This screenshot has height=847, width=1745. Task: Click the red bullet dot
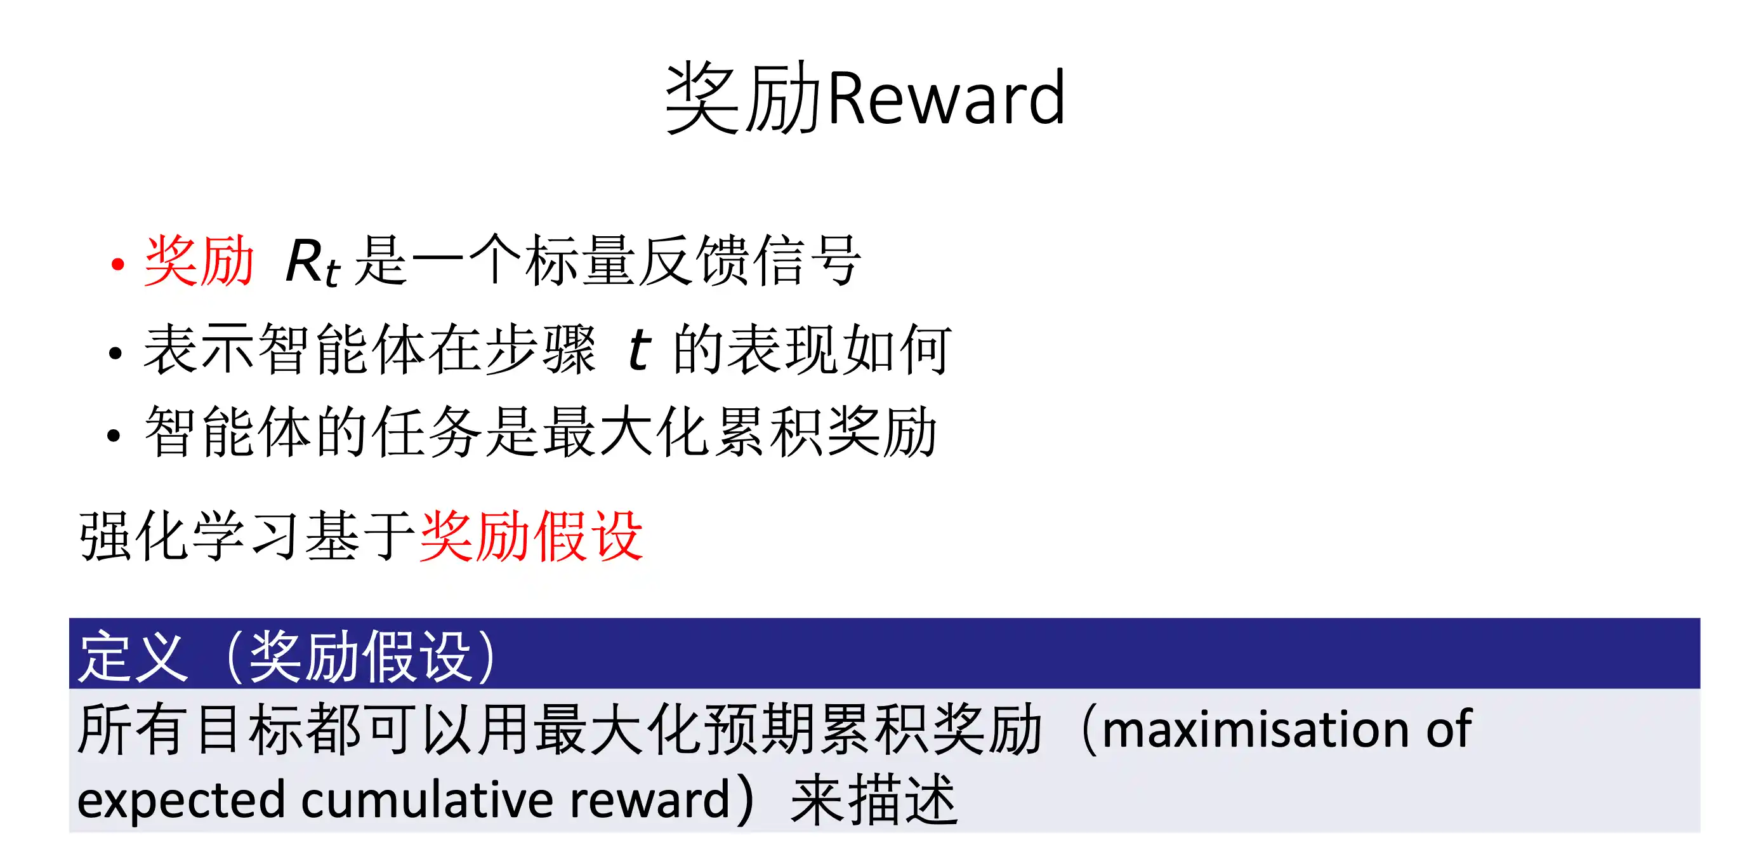(x=118, y=263)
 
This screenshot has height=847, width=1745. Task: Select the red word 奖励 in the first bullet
(x=199, y=262)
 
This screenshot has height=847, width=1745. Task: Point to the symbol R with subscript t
(x=312, y=263)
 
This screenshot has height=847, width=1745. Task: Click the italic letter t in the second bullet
(x=639, y=349)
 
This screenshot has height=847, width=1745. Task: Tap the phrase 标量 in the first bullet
(x=581, y=261)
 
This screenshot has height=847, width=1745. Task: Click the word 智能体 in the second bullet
(x=343, y=349)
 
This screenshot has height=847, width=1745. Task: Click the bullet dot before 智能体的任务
(x=114, y=436)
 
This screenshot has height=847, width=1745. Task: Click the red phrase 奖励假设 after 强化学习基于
(x=531, y=536)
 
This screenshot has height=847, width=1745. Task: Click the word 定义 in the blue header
(x=133, y=656)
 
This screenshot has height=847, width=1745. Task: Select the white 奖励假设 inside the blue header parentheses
(x=360, y=656)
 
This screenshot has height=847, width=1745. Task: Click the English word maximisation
(x=1256, y=729)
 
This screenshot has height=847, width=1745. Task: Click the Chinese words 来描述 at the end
(x=874, y=800)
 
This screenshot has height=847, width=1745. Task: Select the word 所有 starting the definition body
(x=131, y=729)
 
